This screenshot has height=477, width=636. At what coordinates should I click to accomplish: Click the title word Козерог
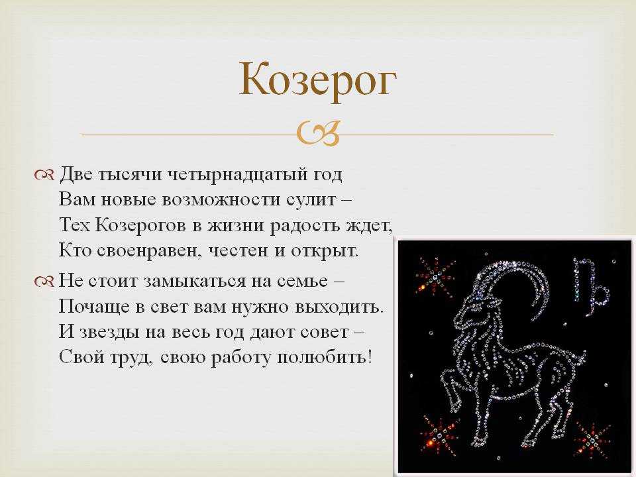click(x=317, y=80)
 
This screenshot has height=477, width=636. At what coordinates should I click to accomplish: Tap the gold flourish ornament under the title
click(x=317, y=133)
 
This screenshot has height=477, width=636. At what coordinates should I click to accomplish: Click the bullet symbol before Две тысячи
click(x=44, y=175)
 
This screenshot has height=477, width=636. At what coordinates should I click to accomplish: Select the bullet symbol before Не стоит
click(x=44, y=281)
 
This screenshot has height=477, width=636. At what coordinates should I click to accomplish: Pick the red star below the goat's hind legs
click(x=592, y=439)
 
